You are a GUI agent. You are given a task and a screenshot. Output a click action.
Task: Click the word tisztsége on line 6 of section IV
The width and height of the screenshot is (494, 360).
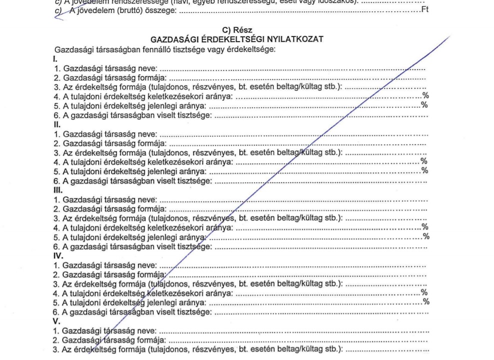click(196, 313)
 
